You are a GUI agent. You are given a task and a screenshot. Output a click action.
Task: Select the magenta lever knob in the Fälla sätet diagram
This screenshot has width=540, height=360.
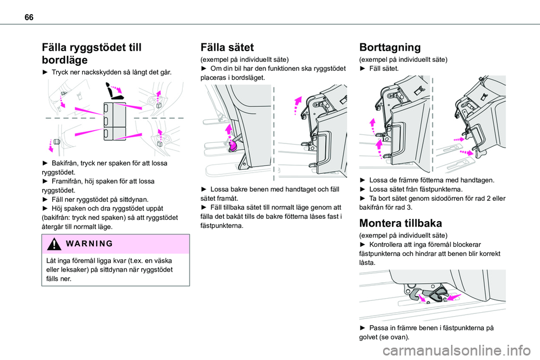(x=232, y=146)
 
